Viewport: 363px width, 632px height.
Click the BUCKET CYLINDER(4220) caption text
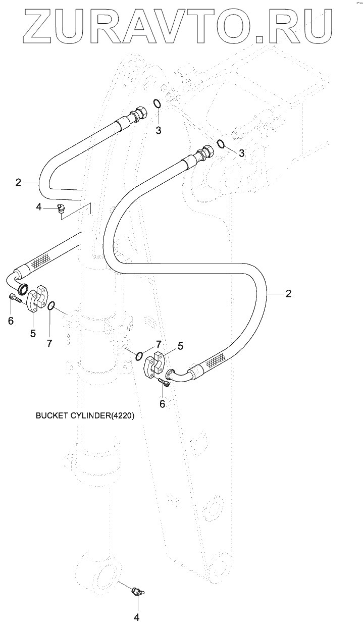(x=85, y=415)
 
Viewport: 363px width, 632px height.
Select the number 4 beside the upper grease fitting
(x=39, y=207)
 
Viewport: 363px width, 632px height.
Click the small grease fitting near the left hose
(x=61, y=209)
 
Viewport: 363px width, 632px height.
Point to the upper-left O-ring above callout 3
(x=157, y=103)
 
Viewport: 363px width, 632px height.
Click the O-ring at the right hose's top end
(x=221, y=143)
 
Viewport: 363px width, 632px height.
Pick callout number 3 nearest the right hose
(x=241, y=153)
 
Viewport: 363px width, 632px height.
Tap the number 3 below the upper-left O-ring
(x=159, y=130)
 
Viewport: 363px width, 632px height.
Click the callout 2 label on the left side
(x=18, y=183)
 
